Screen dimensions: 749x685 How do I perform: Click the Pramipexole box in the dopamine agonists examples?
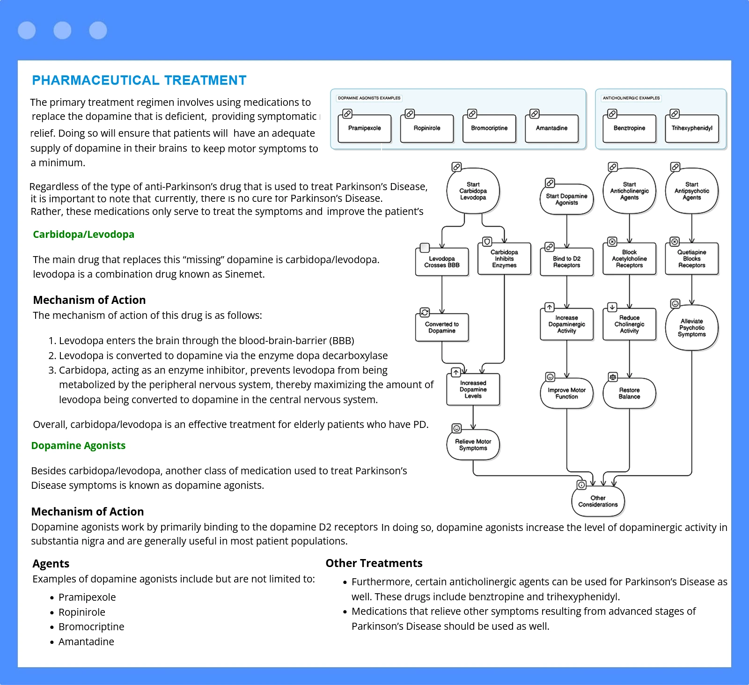(364, 128)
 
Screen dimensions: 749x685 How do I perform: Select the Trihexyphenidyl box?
(691, 128)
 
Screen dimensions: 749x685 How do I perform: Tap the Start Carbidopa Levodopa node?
(473, 191)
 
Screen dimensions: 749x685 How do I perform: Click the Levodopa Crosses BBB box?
(441, 262)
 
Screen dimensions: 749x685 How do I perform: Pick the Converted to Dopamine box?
(441, 327)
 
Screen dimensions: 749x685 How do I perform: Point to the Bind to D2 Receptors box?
(566, 262)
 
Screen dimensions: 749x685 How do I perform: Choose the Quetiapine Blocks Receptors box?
(691, 258)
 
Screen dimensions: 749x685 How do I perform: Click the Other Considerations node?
(598, 501)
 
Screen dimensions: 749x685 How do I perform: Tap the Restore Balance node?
(629, 393)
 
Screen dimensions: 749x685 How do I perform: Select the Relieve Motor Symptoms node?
(473, 445)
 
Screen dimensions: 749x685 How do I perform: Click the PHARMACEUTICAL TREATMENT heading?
(139, 81)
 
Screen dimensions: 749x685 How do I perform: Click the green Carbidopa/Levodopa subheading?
(83, 235)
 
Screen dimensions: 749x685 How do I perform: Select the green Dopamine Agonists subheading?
(78, 446)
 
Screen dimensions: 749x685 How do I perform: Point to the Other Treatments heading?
(374, 563)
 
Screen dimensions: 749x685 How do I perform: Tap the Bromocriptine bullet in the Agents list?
(91, 627)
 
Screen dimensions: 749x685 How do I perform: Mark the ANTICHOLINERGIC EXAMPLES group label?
(631, 98)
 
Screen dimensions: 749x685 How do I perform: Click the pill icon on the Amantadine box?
(534, 114)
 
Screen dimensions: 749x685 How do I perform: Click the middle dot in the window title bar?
(62, 30)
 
